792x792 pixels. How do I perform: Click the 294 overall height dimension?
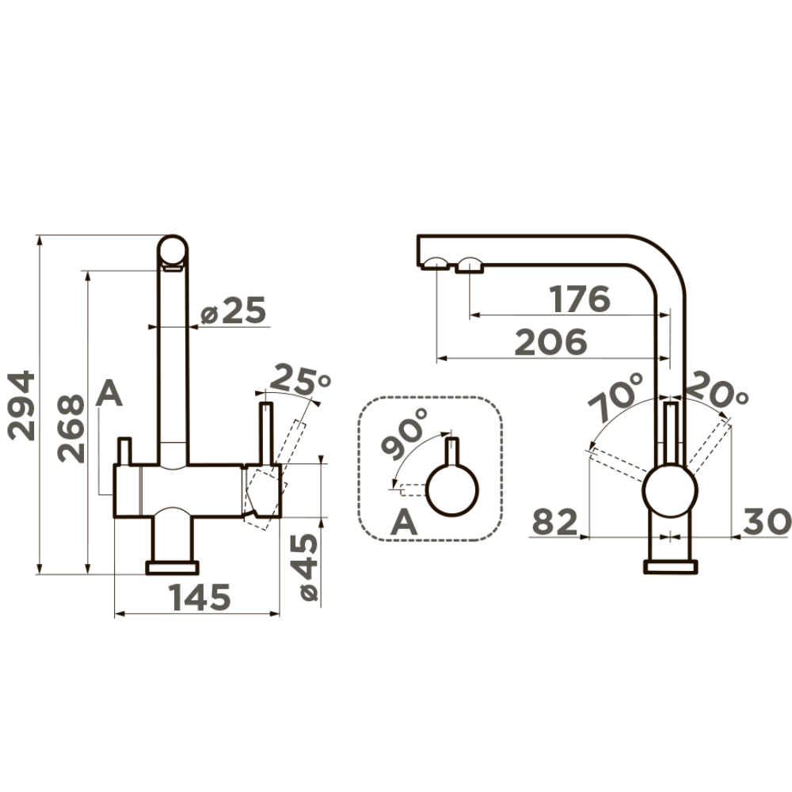(21, 406)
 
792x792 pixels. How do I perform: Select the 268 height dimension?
(70, 428)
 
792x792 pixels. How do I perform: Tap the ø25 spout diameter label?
(233, 310)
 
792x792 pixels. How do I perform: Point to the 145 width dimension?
(199, 597)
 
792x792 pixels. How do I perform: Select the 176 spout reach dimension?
(581, 299)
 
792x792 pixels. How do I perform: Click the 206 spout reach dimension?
(550, 342)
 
